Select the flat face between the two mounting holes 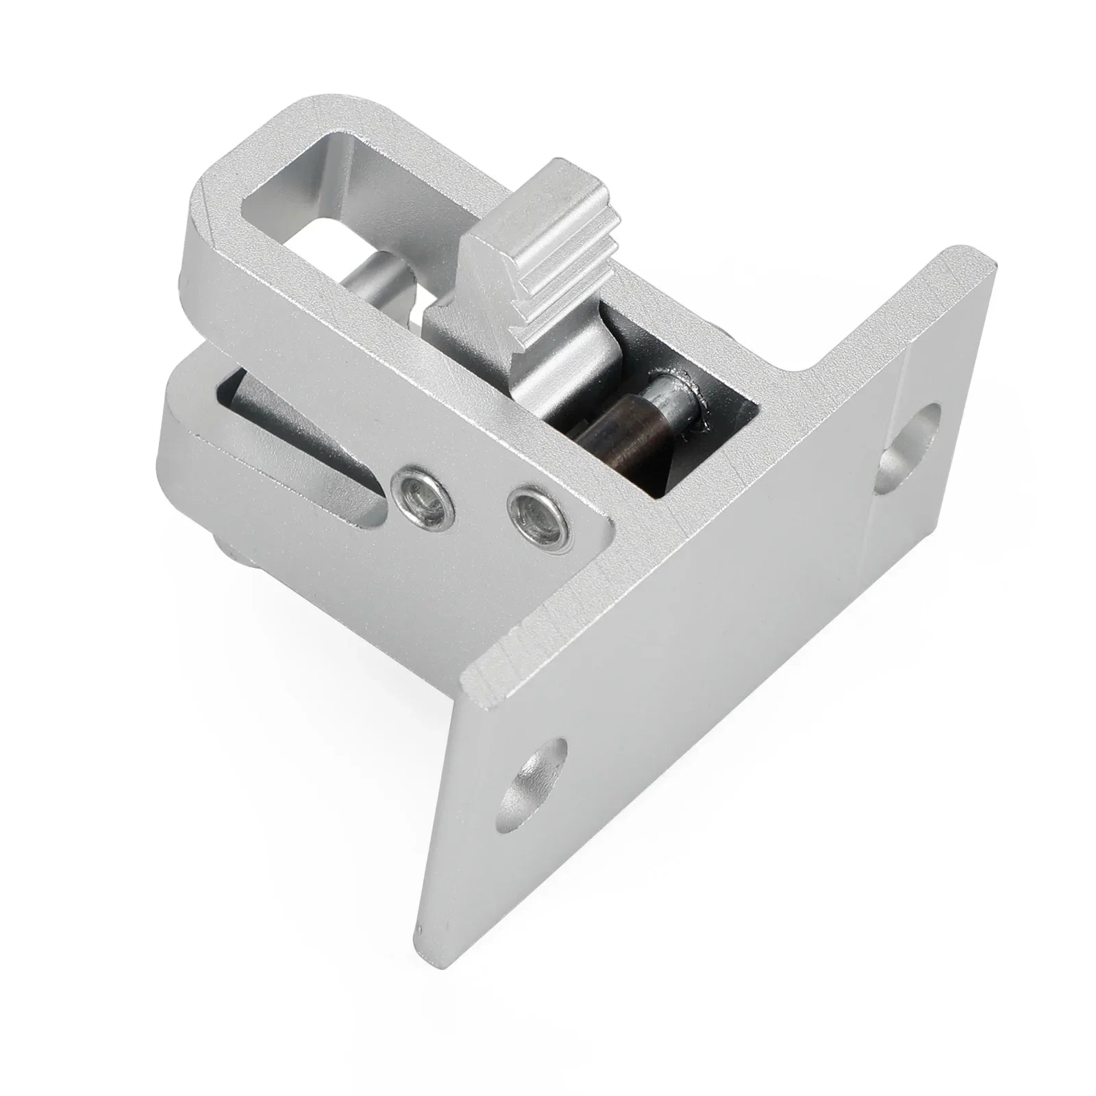tap(719, 616)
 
